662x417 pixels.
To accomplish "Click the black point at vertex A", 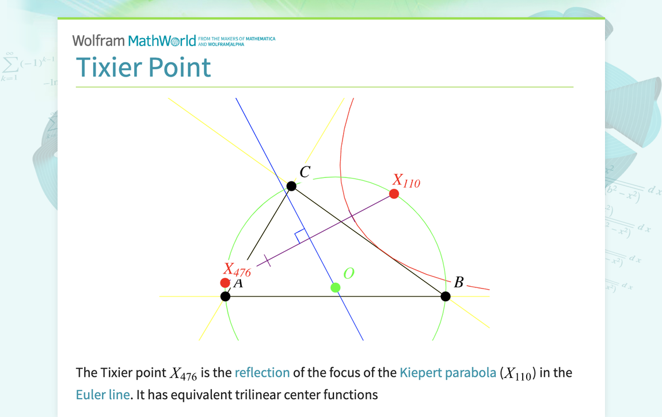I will pos(226,296).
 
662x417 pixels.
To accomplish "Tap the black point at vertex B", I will pos(446,296).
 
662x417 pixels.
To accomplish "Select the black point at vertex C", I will pos(291,186).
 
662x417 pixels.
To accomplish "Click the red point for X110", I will pos(394,194).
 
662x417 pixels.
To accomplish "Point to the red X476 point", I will pos(225,283).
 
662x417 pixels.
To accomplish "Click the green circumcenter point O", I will pos(336,287).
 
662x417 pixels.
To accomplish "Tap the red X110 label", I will pos(406,181).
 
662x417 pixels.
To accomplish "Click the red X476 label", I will pos(237,270).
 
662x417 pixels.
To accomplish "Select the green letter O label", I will pos(348,274).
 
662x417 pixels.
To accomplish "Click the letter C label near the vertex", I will pos(305,172).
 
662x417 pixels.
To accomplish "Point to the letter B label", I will pos(459,282).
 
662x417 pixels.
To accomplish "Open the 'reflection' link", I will pos(262,373).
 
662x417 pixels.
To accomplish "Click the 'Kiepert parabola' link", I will pos(448,373).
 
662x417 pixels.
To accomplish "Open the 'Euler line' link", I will pos(102,395).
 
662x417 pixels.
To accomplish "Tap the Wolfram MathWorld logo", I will pos(138,40).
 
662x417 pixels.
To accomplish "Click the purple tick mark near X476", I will pos(267,260).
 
